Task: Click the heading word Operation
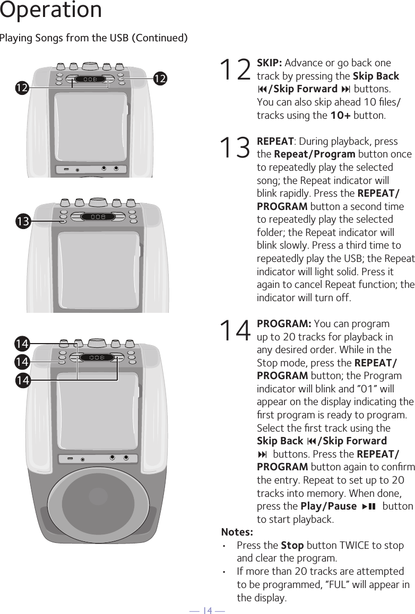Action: [x=51, y=10]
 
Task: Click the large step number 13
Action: [x=236, y=148]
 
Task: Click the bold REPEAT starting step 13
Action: [x=275, y=142]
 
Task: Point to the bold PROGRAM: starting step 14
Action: [x=284, y=324]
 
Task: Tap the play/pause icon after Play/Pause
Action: [x=369, y=506]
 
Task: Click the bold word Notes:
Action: [x=237, y=532]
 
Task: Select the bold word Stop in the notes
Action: [x=292, y=546]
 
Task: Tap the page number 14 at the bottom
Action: [x=207, y=610]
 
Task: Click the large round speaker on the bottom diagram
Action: [x=98, y=497]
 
